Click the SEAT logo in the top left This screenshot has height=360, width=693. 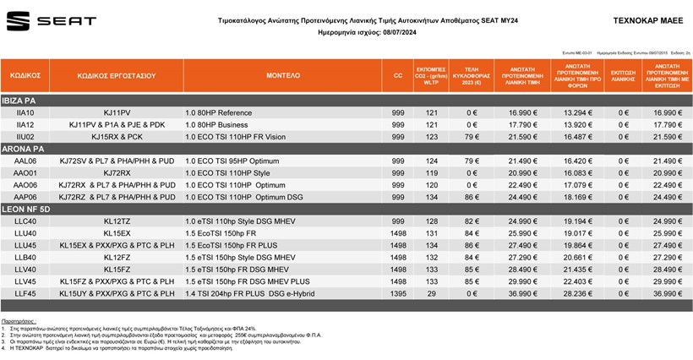[x=51, y=20]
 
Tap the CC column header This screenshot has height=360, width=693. [x=398, y=75]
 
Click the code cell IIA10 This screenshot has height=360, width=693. [x=25, y=112]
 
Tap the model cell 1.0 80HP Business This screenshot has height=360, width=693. [x=218, y=124]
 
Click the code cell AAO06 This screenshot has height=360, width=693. [x=25, y=185]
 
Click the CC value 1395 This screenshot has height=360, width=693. [x=398, y=293]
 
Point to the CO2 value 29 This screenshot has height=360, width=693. [x=432, y=293]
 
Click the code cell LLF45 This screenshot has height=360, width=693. [x=25, y=293]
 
